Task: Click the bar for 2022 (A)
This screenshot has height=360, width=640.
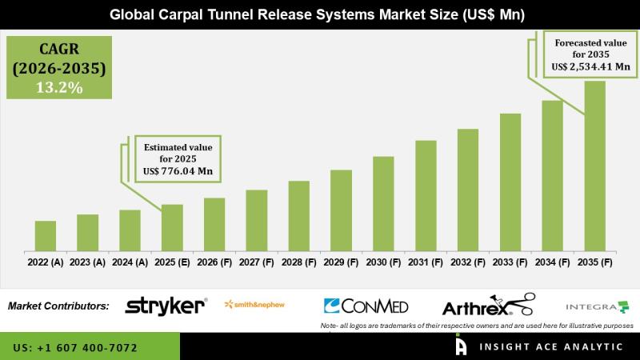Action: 46,235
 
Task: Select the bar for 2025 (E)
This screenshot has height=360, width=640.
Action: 172,227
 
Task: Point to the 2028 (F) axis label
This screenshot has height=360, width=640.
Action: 298,262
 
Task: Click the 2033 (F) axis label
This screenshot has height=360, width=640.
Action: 510,262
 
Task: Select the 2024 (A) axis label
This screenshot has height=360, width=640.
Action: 130,262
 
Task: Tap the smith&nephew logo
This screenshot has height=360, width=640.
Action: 254,304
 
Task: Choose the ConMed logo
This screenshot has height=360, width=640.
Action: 366,306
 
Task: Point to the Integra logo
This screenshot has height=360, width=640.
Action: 597,306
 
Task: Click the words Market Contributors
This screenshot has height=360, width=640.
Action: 58,306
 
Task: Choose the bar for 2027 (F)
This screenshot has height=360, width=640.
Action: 256,220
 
